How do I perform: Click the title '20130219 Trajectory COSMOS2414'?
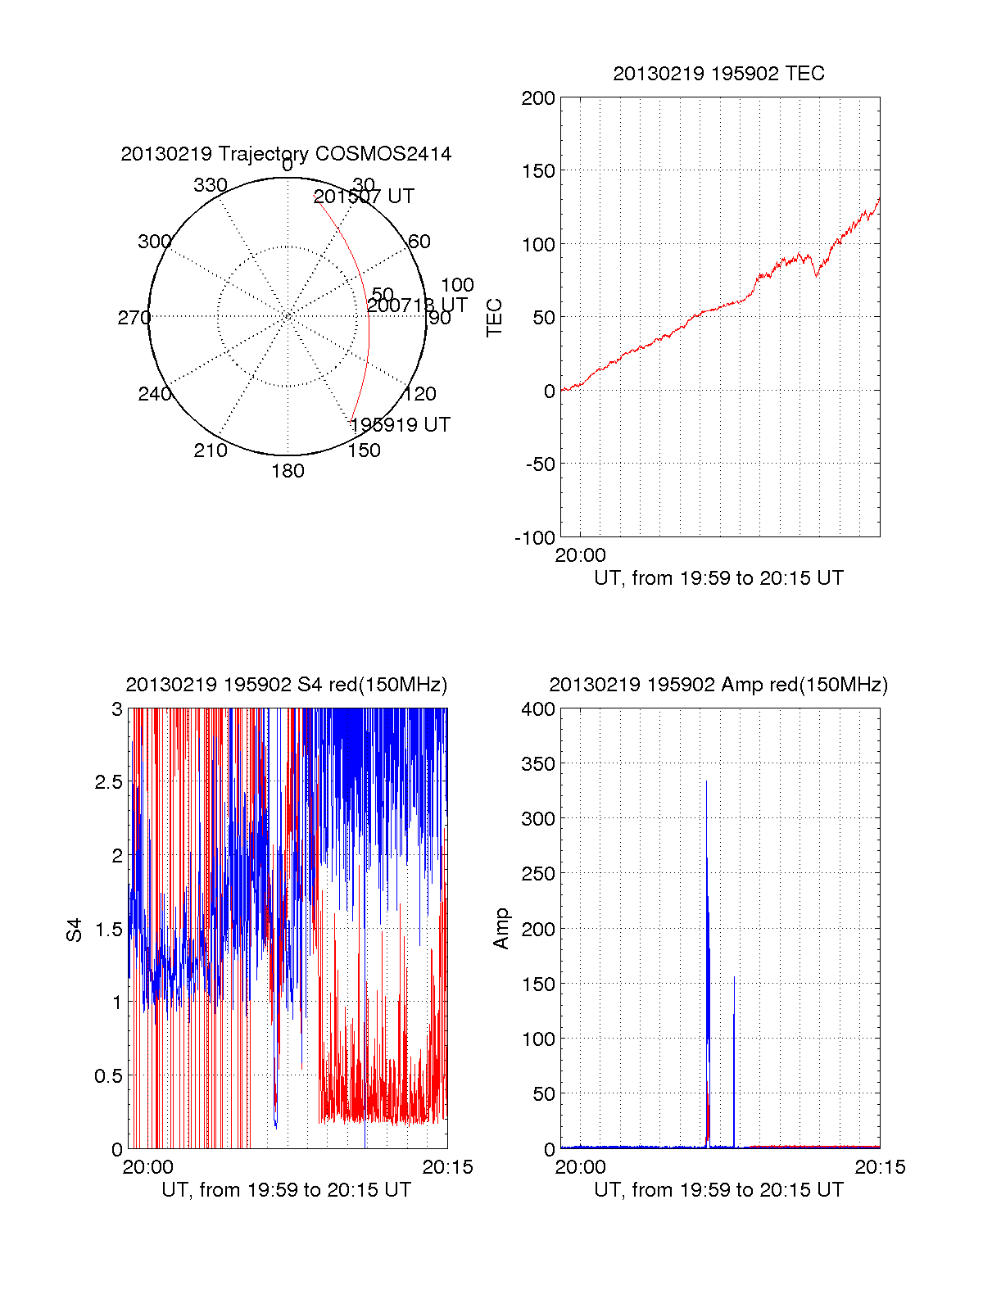(x=286, y=154)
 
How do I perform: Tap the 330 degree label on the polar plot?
(x=211, y=185)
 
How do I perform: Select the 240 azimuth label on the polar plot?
(x=155, y=394)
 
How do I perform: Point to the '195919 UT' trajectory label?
(x=400, y=424)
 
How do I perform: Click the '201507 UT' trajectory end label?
(x=364, y=197)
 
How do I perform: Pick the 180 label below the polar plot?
(x=288, y=471)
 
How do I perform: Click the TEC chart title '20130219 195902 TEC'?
(x=718, y=74)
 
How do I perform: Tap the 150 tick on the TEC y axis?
(x=538, y=171)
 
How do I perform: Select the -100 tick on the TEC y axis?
(x=535, y=537)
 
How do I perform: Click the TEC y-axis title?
(x=495, y=318)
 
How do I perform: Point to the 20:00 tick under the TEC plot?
(x=580, y=555)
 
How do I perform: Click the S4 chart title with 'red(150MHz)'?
(x=287, y=685)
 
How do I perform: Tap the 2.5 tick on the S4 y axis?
(x=109, y=782)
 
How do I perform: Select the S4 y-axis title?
(x=75, y=930)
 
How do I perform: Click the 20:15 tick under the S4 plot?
(x=447, y=1167)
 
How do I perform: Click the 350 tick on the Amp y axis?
(x=538, y=763)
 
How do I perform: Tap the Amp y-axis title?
(x=501, y=929)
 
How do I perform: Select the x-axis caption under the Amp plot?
(x=718, y=1190)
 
